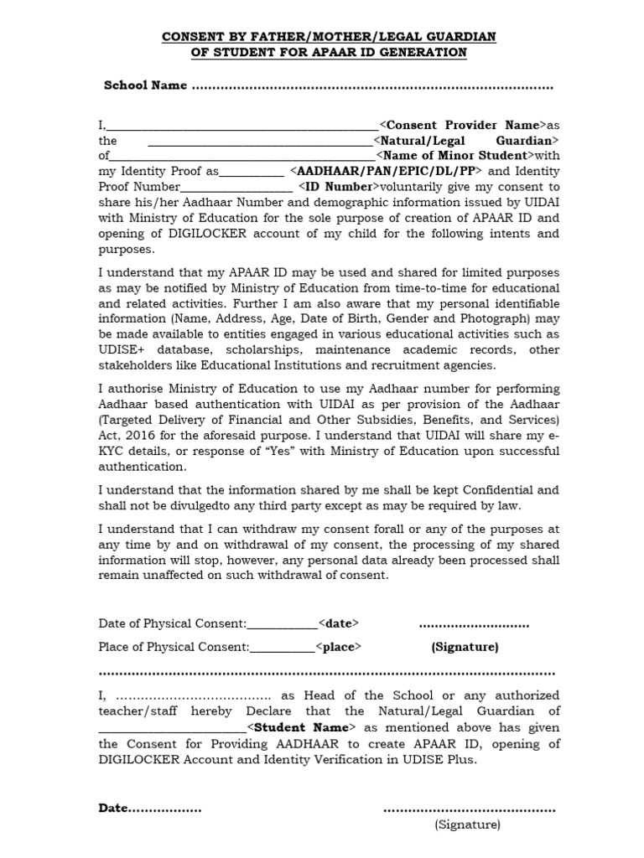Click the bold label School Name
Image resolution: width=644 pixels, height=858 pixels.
[144, 86]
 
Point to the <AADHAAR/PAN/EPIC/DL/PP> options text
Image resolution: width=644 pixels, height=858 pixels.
[386, 171]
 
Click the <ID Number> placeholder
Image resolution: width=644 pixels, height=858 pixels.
[334, 186]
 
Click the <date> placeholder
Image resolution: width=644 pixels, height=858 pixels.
[339, 623]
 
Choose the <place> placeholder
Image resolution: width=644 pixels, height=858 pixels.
[338, 647]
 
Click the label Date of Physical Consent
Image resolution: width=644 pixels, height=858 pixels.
[172, 623]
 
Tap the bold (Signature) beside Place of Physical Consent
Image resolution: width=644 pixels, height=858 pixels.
[465, 647]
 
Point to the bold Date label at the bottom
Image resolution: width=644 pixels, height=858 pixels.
[113, 809]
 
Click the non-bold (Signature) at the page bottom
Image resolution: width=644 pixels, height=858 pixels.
[467, 824]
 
